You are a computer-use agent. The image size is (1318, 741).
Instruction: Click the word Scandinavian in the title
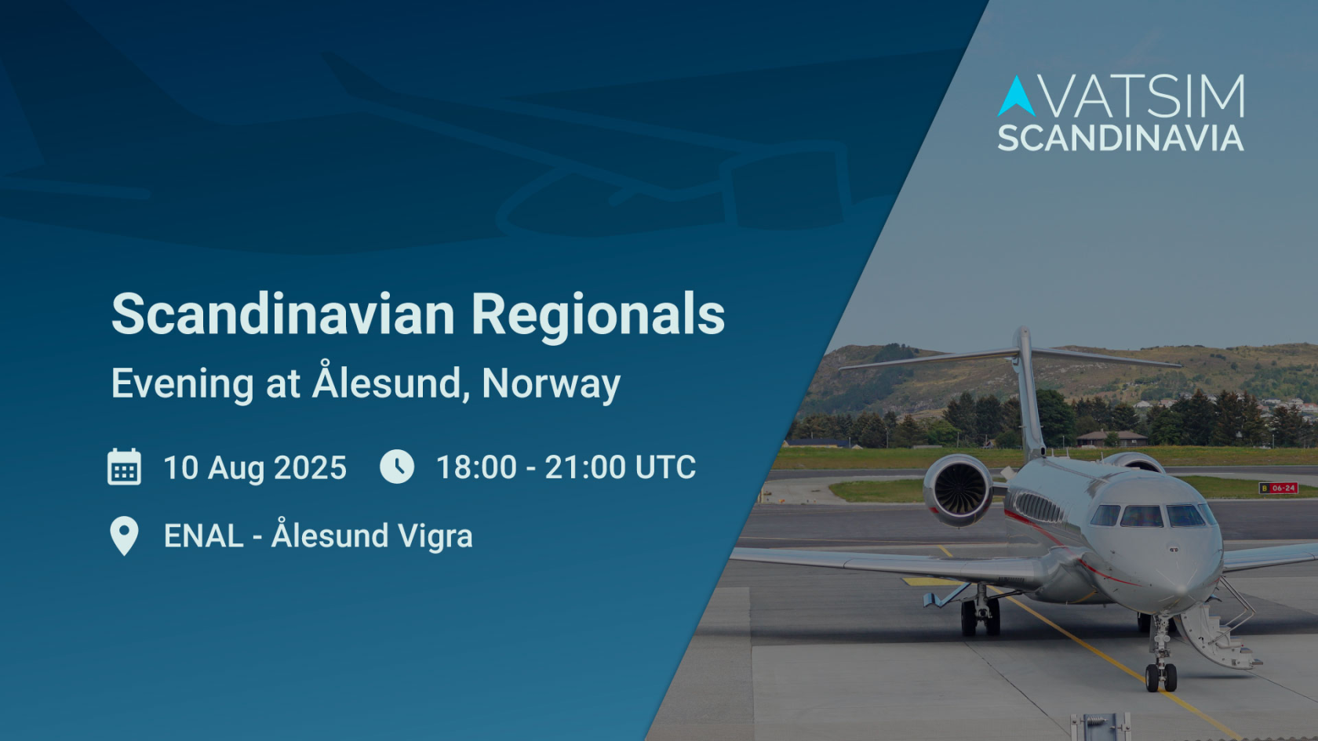coord(283,314)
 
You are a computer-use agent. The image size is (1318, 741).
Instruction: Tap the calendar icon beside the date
coord(124,467)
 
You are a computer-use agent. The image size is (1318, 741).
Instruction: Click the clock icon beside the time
coord(397,467)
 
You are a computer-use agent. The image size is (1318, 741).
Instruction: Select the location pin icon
coord(124,536)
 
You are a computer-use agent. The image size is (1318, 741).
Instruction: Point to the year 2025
coord(310,468)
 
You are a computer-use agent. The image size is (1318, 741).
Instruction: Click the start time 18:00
coord(476,467)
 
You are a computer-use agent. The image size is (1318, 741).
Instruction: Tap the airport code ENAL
coord(204,536)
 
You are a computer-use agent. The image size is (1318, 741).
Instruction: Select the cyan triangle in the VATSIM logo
coord(1016,96)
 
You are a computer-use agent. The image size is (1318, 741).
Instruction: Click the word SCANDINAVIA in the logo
coord(1120,138)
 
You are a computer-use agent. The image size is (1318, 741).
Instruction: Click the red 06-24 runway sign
coord(1278,488)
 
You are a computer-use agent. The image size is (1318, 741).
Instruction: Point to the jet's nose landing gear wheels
coord(1161,677)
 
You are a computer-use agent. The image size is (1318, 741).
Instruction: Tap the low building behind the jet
coord(1112,438)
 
